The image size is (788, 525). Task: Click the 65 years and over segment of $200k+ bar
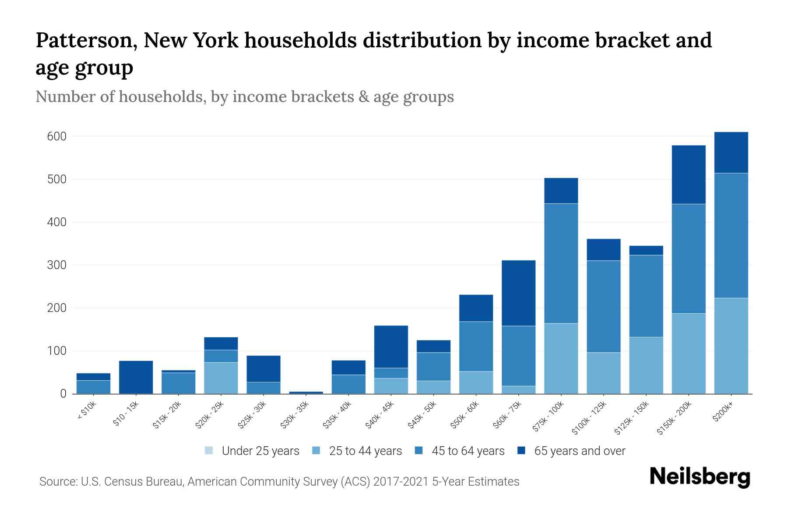(x=731, y=152)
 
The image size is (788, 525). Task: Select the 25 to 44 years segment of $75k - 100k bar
(x=561, y=358)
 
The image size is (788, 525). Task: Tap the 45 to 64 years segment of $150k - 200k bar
(x=689, y=258)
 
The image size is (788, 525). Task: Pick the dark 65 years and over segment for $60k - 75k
(x=518, y=293)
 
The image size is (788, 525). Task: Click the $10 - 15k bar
(x=136, y=377)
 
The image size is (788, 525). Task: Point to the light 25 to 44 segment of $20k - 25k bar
(x=221, y=378)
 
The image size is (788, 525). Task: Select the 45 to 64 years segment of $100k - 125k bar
(x=603, y=306)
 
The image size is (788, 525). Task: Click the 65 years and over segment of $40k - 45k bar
(x=391, y=346)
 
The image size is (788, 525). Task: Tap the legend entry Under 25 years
(x=252, y=451)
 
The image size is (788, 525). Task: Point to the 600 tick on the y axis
(x=56, y=136)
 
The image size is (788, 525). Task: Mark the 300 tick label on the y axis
(x=56, y=265)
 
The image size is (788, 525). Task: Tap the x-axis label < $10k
(x=87, y=410)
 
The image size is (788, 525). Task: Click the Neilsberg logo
(x=700, y=477)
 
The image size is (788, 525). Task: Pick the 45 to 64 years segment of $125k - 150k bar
(x=646, y=296)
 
